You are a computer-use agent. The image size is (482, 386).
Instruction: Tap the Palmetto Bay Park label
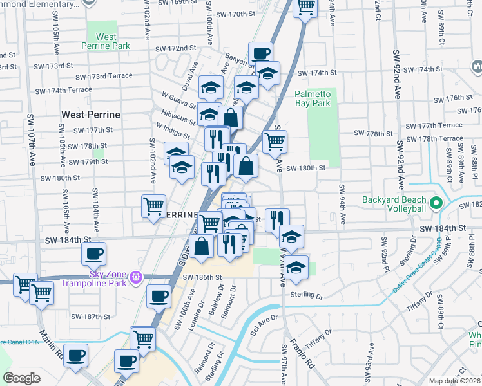click(x=313, y=98)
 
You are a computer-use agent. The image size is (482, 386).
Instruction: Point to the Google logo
click(x=21, y=378)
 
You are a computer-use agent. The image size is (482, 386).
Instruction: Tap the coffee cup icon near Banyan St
click(x=260, y=53)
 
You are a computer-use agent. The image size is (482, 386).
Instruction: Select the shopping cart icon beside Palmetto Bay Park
click(x=275, y=141)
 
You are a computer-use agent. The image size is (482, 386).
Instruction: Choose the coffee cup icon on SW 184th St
click(x=93, y=253)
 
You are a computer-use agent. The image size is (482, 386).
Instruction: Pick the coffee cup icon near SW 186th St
click(x=159, y=296)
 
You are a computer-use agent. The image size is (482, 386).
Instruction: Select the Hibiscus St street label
click(x=180, y=119)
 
